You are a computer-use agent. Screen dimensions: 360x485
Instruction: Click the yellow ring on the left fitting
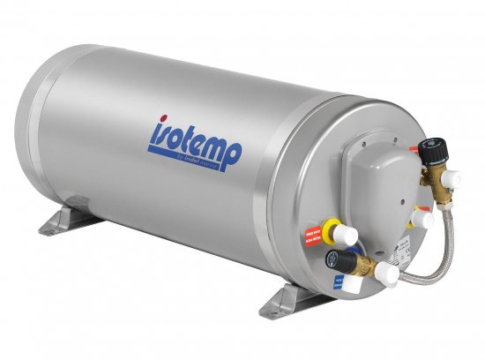(331, 229)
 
